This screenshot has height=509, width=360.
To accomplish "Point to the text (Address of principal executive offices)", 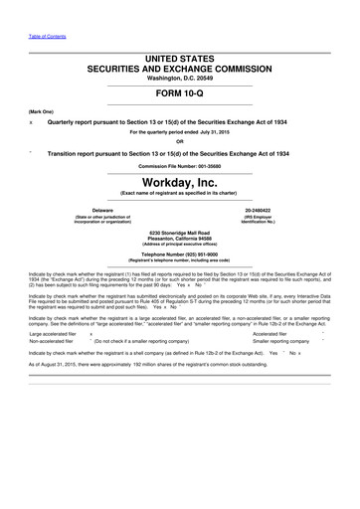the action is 180,246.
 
